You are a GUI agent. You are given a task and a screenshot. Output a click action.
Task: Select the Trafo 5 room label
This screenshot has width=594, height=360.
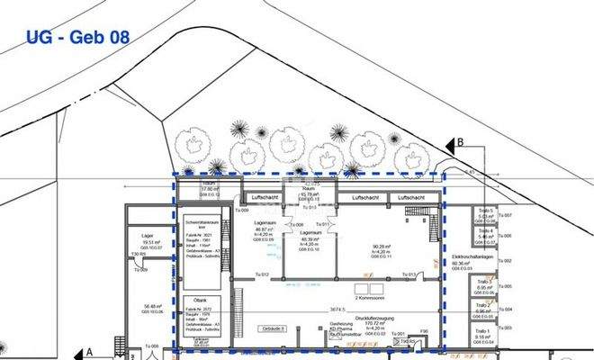tap(486, 211)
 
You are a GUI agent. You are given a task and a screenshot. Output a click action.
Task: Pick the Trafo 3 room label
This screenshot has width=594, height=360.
tap(485, 285)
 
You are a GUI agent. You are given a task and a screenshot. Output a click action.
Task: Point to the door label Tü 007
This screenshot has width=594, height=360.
tap(507, 216)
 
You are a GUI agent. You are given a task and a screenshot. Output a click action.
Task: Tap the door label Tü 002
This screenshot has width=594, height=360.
tap(507, 261)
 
